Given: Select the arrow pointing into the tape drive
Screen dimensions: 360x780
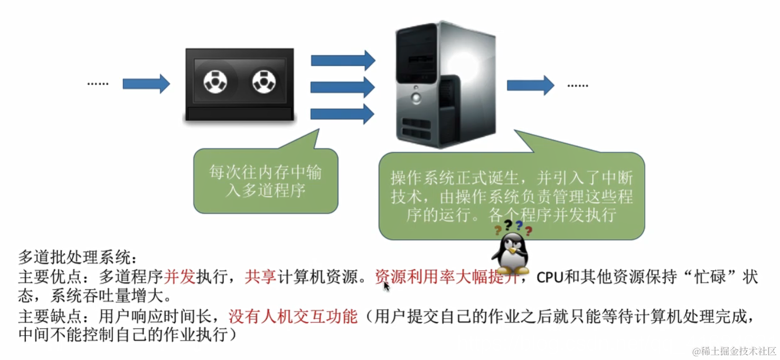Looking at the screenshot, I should click(146, 83).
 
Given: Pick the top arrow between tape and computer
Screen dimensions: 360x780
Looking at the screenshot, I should click(343, 60).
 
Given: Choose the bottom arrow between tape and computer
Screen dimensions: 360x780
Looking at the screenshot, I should click(343, 113).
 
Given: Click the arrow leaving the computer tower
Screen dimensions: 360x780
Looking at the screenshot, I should click(530, 85).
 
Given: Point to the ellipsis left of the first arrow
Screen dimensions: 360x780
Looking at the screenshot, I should click(98, 83).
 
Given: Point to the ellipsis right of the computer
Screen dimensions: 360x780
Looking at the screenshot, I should click(577, 85).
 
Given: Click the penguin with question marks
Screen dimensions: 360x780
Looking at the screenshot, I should click(509, 253).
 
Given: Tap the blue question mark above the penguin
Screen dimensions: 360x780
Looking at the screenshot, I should click(519, 225).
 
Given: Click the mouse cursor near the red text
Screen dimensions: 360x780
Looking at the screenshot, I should click(386, 286).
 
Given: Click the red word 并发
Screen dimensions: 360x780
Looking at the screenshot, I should click(180, 277).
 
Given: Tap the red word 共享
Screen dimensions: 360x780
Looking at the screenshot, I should click(261, 277).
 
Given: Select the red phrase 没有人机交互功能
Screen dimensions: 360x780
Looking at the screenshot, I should click(293, 317).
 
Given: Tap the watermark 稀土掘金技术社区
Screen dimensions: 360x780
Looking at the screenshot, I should click(734, 351).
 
